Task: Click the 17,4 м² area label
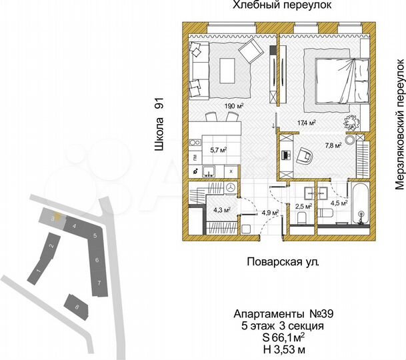pos(306,123)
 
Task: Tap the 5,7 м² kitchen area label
pos(200,150)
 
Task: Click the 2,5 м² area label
pos(303,207)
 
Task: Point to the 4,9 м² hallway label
pos(251,213)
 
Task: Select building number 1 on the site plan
pos(39,270)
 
